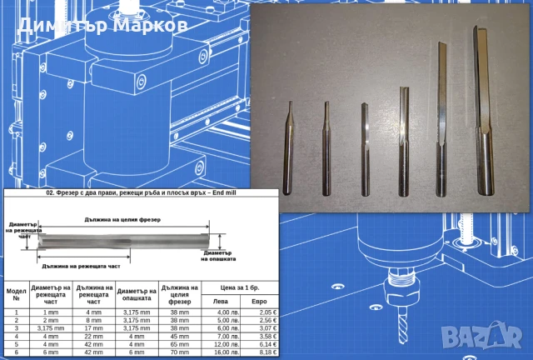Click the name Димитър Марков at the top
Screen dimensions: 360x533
tap(101, 24)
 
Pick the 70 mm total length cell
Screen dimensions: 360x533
tap(177, 352)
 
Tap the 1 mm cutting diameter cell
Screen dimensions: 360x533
tap(52, 311)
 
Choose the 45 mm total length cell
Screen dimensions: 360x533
tap(177, 336)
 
